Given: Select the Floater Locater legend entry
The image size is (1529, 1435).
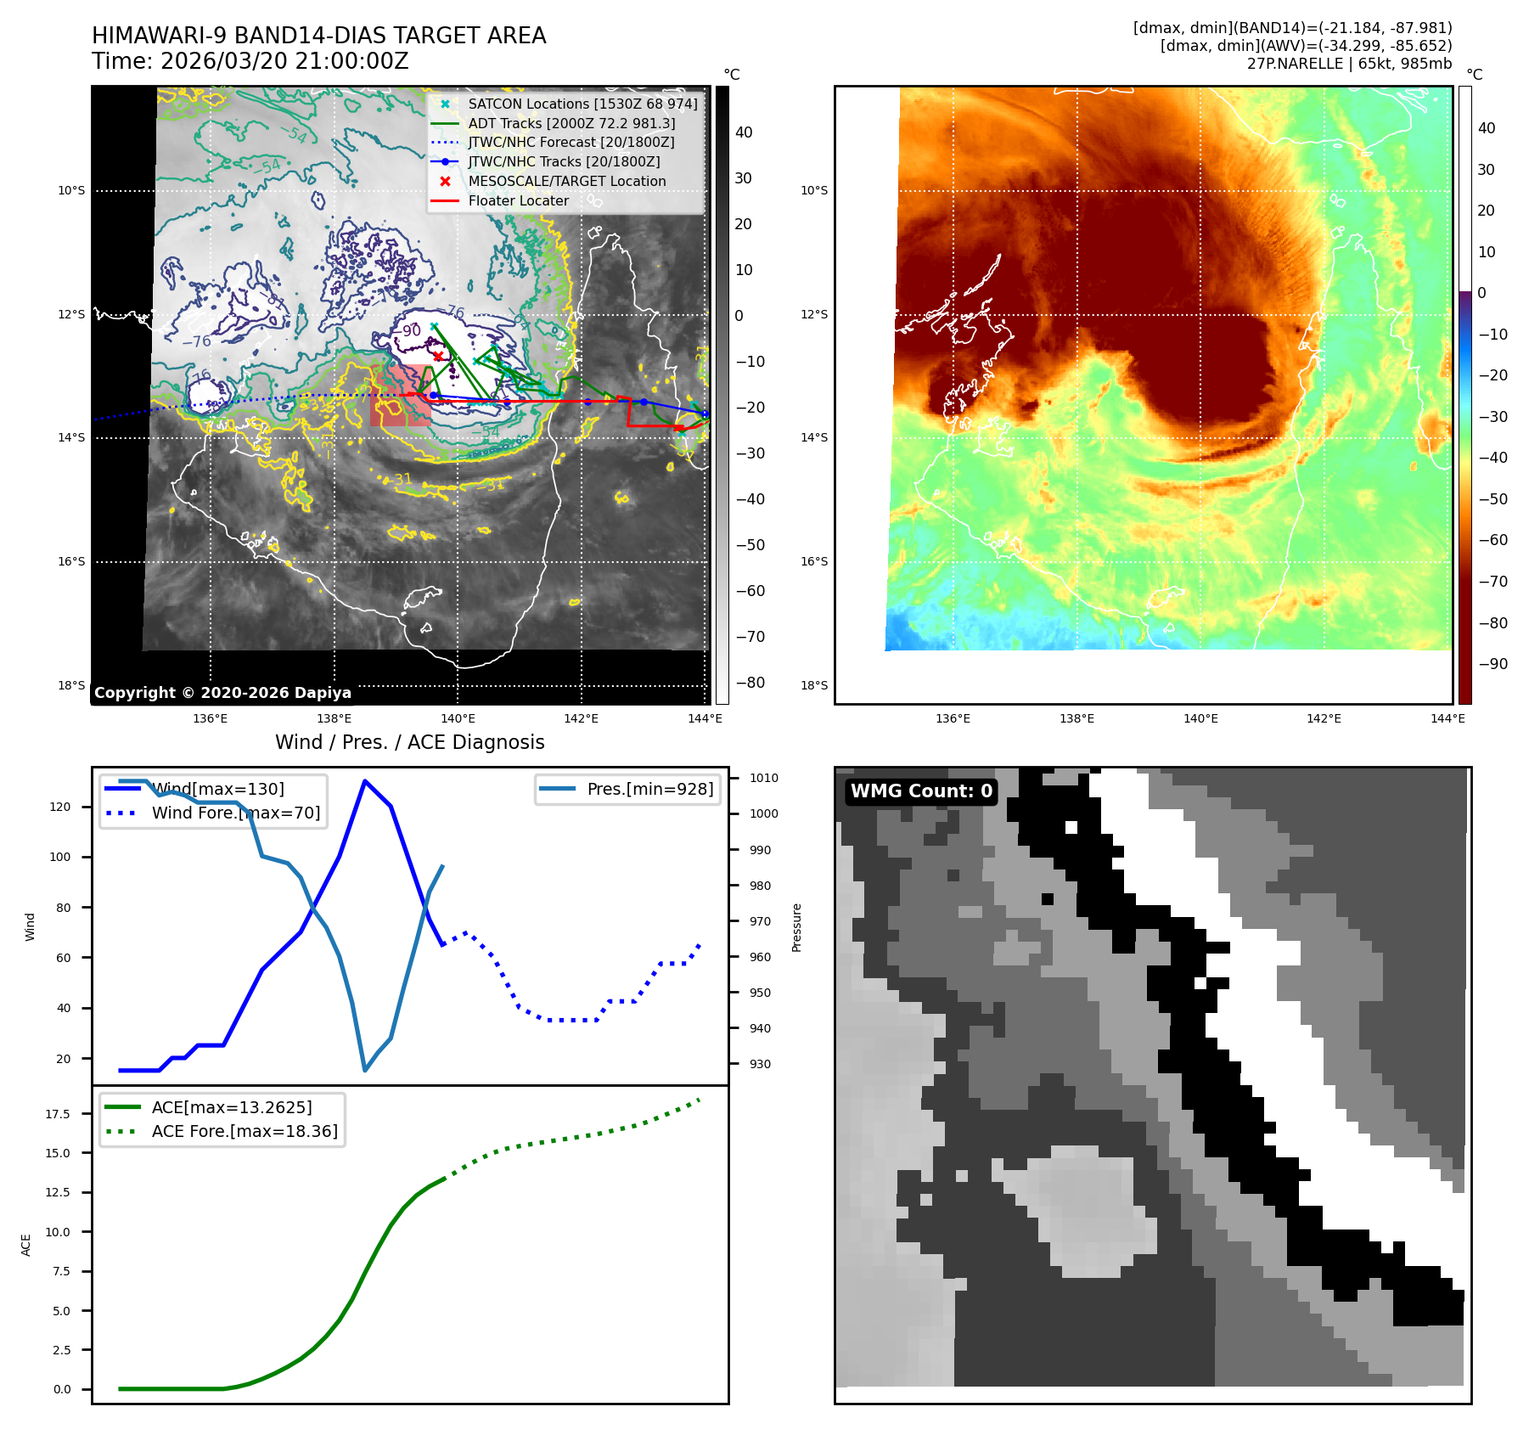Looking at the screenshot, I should point(518,201).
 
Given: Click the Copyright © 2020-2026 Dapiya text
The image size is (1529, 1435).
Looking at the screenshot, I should point(222,693).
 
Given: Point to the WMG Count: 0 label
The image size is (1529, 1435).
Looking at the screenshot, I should point(921,791).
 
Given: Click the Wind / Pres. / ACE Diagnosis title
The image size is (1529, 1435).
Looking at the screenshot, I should point(410,742).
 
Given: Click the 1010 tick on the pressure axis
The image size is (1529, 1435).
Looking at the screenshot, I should point(763,778).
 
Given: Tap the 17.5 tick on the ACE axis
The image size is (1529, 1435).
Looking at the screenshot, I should point(58,1114).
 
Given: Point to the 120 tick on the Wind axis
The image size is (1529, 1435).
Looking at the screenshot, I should point(60,807).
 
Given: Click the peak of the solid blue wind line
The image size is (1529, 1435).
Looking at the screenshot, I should point(365,781).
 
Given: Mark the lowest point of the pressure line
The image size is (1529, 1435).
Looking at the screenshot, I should point(365,1070).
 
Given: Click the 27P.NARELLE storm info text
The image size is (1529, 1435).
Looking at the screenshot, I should point(1349,64).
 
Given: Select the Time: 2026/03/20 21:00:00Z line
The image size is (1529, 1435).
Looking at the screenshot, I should point(250,62).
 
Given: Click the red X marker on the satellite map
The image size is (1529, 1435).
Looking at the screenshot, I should point(438,357).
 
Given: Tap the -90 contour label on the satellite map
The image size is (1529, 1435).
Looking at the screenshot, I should point(410,330).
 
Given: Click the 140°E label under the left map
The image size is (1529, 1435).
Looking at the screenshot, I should point(458,719).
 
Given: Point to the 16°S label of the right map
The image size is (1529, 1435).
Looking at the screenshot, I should point(813,561).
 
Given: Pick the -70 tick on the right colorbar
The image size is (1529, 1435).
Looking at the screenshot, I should point(1492,582).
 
